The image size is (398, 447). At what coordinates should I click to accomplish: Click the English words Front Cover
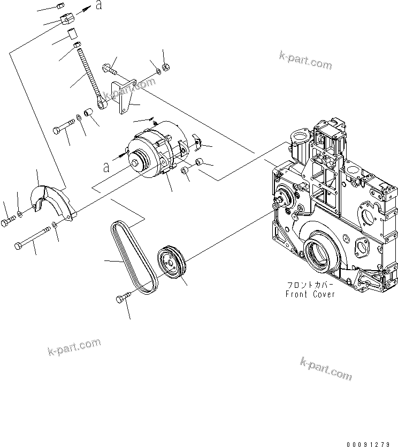tap(310, 294)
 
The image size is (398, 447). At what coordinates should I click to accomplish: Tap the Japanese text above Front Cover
tap(310, 285)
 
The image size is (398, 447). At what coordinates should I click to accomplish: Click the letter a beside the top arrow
tap(98, 6)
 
